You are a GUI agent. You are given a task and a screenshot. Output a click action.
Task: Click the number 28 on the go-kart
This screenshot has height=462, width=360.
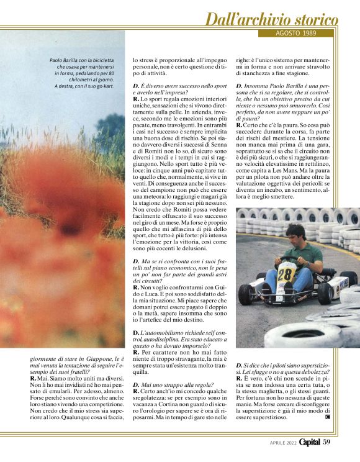tap(285, 274)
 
